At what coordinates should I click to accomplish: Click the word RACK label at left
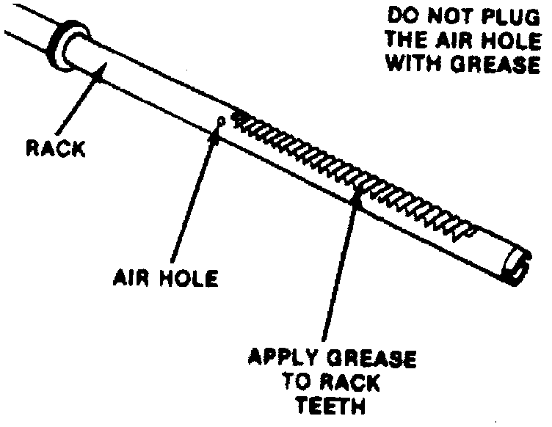(x=55, y=148)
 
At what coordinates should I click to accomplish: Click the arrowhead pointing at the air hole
(x=215, y=125)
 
